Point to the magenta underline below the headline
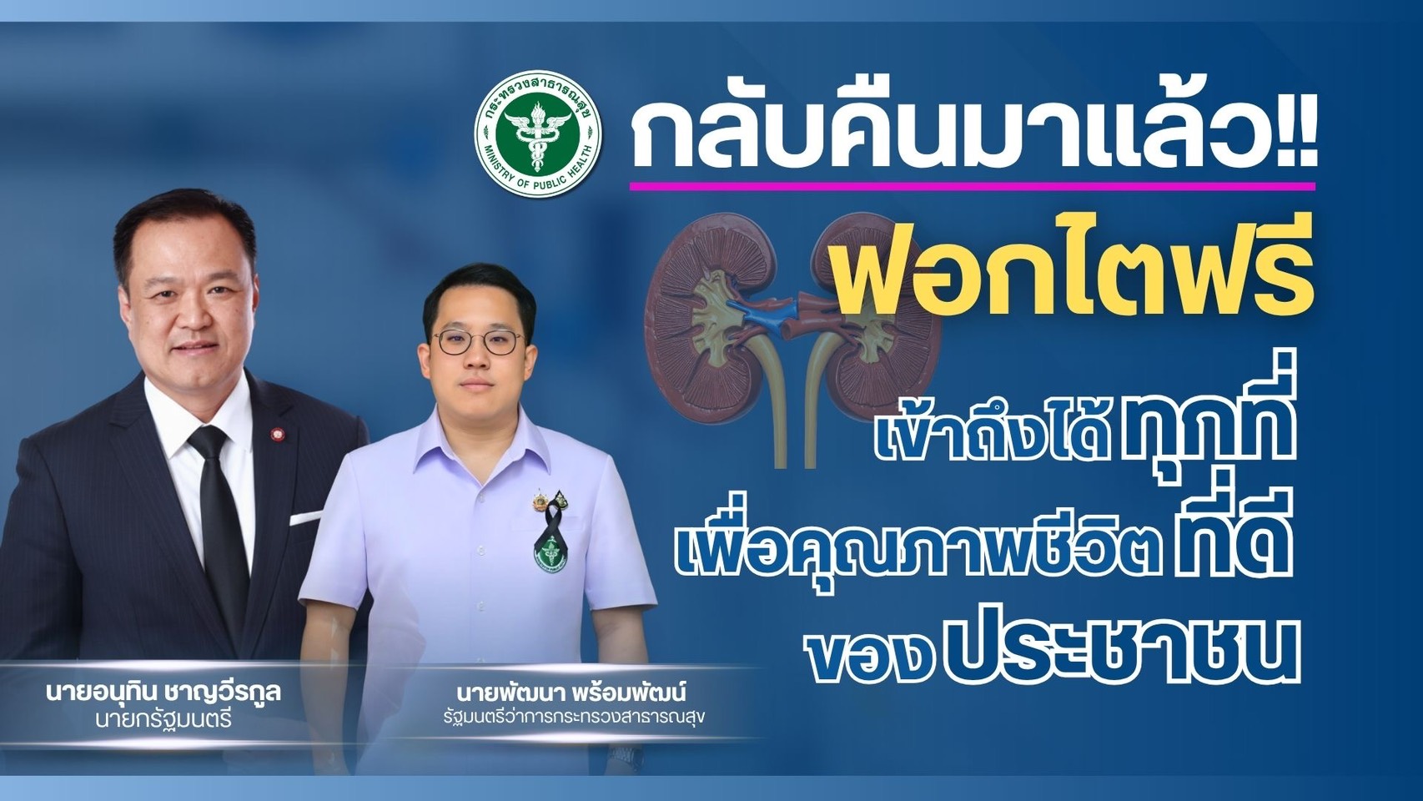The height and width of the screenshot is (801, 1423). (x=972, y=185)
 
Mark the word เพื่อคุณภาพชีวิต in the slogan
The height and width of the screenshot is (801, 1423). (x=916, y=550)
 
